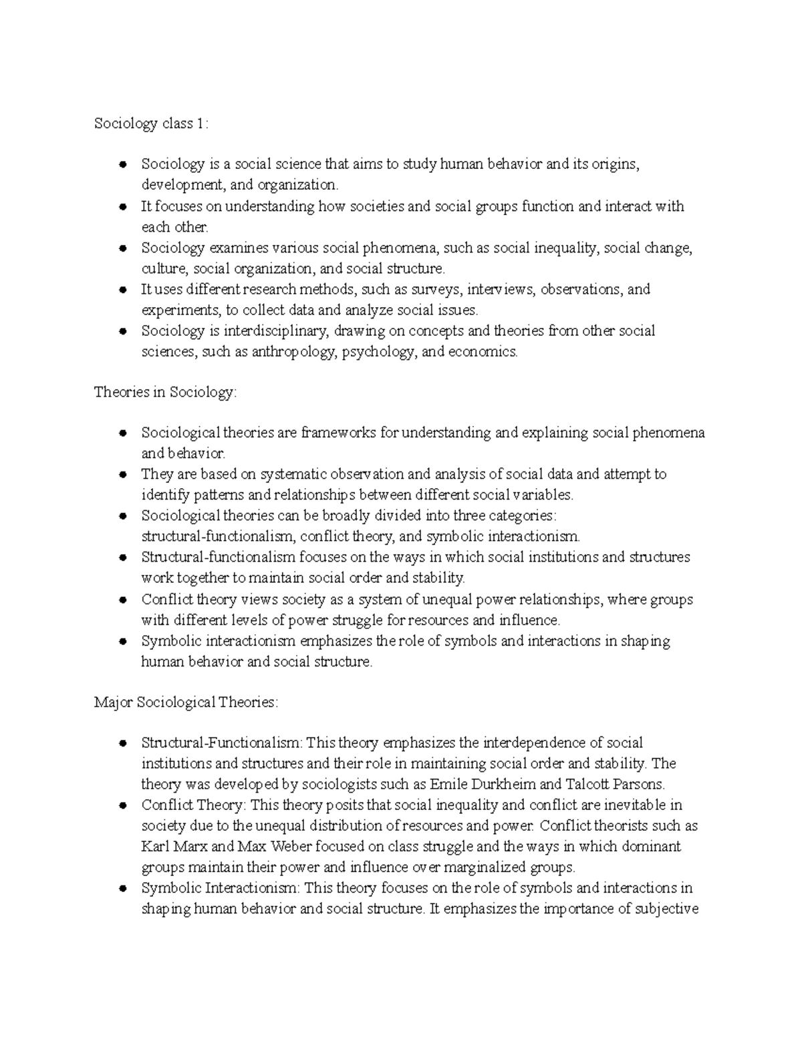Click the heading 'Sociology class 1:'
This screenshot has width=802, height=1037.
coord(151,124)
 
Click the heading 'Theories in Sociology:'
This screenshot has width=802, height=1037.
coord(165,393)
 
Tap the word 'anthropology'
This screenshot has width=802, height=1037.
coord(291,352)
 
